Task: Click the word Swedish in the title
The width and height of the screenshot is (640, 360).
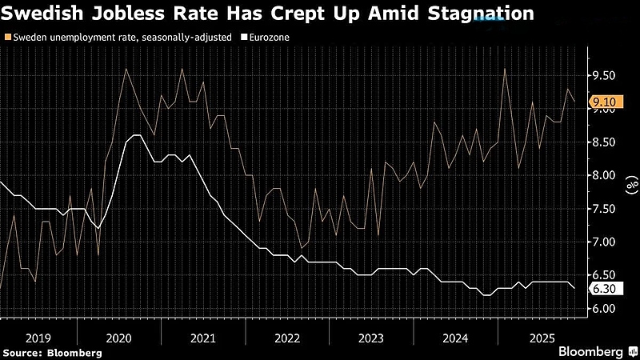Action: (50, 14)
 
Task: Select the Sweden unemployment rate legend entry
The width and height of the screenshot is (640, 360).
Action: (121, 38)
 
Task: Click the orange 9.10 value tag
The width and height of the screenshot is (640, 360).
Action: (603, 102)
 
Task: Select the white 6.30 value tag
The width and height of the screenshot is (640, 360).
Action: (603, 289)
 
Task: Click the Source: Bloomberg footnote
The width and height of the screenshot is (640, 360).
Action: (52, 352)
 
